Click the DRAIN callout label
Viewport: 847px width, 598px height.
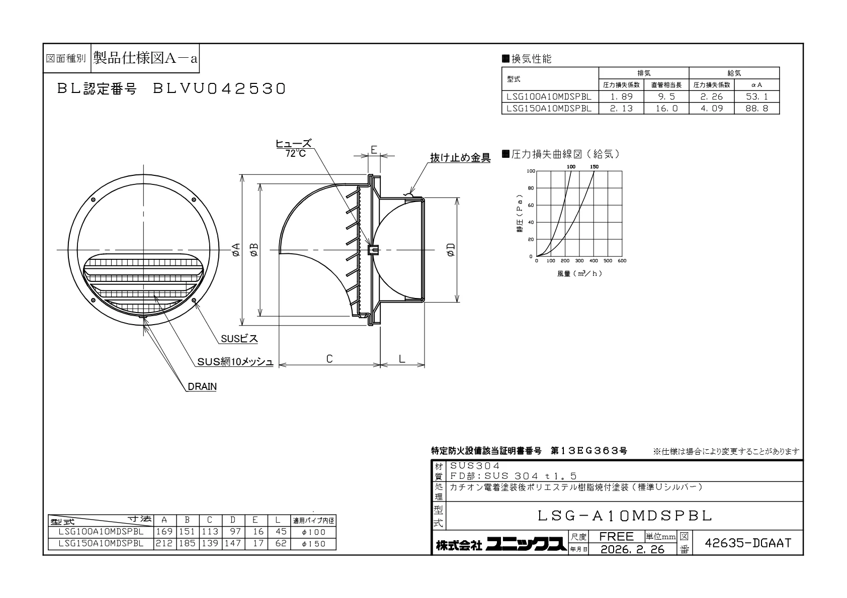[x=202, y=386]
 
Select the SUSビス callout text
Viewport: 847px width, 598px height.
[x=239, y=339]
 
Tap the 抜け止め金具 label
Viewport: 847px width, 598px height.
[x=460, y=157]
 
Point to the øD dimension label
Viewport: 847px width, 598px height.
[x=451, y=250]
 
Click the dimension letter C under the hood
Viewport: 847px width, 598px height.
[x=329, y=358]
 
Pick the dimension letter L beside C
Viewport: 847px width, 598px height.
[x=402, y=358]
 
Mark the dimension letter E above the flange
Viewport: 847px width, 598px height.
[x=374, y=150]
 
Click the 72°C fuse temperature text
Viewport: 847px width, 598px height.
[x=296, y=153]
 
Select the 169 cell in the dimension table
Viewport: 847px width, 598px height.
[x=164, y=532]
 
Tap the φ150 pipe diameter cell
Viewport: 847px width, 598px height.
[x=313, y=544]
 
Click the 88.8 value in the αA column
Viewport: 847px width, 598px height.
[x=757, y=109]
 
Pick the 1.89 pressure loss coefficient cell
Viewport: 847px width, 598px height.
[x=621, y=96]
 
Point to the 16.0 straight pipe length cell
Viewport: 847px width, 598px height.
[x=666, y=109]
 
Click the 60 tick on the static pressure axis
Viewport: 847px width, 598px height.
[x=531, y=205]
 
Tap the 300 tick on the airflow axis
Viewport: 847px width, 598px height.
[x=579, y=261]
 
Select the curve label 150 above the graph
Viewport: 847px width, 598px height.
[x=594, y=167]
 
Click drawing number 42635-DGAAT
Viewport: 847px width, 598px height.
[x=748, y=543]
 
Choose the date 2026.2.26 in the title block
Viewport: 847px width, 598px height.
[x=632, y=549]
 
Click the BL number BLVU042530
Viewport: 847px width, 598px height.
[x=219, y=88]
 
